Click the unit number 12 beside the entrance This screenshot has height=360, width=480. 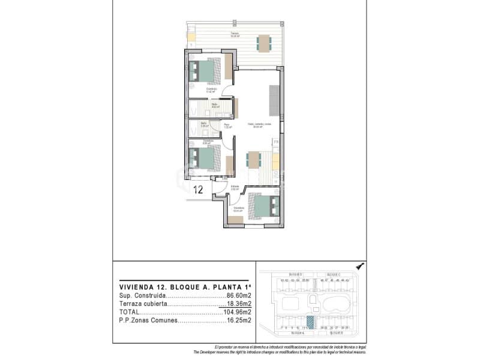point(199,190)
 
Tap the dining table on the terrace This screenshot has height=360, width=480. point(263,42)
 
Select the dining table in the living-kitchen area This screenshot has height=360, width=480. point(253,160)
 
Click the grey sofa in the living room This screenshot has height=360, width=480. point(274,100)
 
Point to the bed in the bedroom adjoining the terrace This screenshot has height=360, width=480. point(203,71)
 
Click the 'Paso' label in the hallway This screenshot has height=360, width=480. point(227,124)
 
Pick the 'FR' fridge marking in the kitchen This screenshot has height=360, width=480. point(276,142)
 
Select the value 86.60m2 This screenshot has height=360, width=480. point(239,296)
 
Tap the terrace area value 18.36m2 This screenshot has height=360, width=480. point(238,304)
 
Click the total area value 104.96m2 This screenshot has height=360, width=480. point(236,312)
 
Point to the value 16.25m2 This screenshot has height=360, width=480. point(239,320)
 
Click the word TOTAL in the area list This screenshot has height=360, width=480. point(129,312)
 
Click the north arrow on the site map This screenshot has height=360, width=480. point(359,266)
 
